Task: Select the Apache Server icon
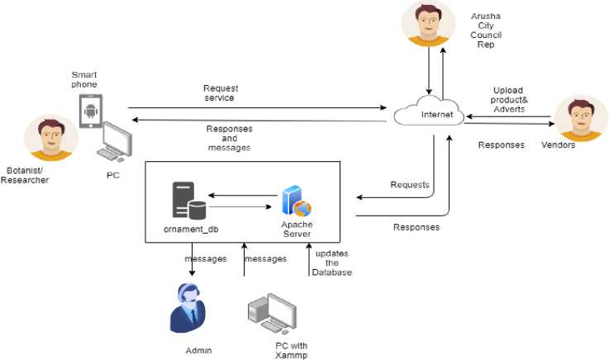[x=295, y=201]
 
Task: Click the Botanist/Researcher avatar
[x=47, y=137]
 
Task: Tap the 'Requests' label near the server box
[x=410, y=183]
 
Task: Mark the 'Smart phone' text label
[x=84, y=79]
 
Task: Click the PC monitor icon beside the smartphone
[x=114, y=140]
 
